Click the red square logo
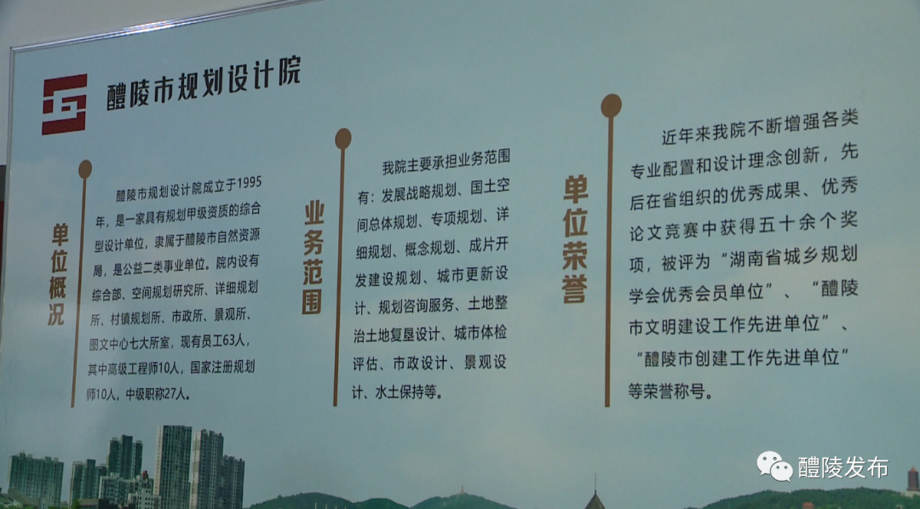65,104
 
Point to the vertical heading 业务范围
313,257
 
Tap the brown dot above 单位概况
85,169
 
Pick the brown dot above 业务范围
342,139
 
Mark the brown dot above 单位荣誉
611,106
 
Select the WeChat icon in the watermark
774,466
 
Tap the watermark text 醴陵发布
843,467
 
